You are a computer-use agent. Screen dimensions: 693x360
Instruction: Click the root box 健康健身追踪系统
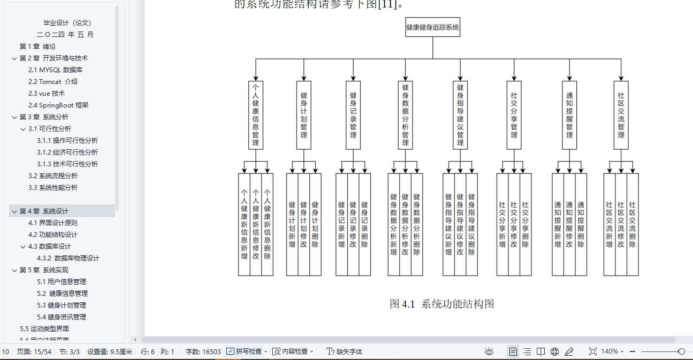432,28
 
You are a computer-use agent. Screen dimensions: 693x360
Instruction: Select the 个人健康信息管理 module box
256,114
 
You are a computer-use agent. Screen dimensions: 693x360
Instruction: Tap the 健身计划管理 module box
303,114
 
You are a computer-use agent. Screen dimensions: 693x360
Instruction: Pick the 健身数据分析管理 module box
405,114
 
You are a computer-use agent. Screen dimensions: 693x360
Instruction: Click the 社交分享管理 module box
514,114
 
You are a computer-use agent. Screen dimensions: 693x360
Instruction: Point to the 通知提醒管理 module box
569,114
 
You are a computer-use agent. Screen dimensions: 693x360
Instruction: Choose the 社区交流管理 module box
621,114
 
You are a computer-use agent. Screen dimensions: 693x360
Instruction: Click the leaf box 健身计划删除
315,224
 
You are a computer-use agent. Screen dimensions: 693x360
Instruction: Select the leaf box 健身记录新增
341,224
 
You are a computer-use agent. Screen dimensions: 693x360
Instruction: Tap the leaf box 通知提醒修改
569,224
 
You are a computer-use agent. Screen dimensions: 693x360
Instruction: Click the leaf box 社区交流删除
633,224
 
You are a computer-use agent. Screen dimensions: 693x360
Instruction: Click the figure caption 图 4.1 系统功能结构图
441,304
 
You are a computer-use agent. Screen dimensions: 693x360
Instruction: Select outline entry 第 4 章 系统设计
44,211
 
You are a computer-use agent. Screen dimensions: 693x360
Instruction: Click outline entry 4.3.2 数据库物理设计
68,258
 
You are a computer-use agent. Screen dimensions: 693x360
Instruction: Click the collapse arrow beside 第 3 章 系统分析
14,117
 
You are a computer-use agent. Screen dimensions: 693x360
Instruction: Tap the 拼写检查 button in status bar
245,351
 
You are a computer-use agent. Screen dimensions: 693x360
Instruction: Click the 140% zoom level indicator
610,351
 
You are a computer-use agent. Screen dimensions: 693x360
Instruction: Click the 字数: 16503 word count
203,351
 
